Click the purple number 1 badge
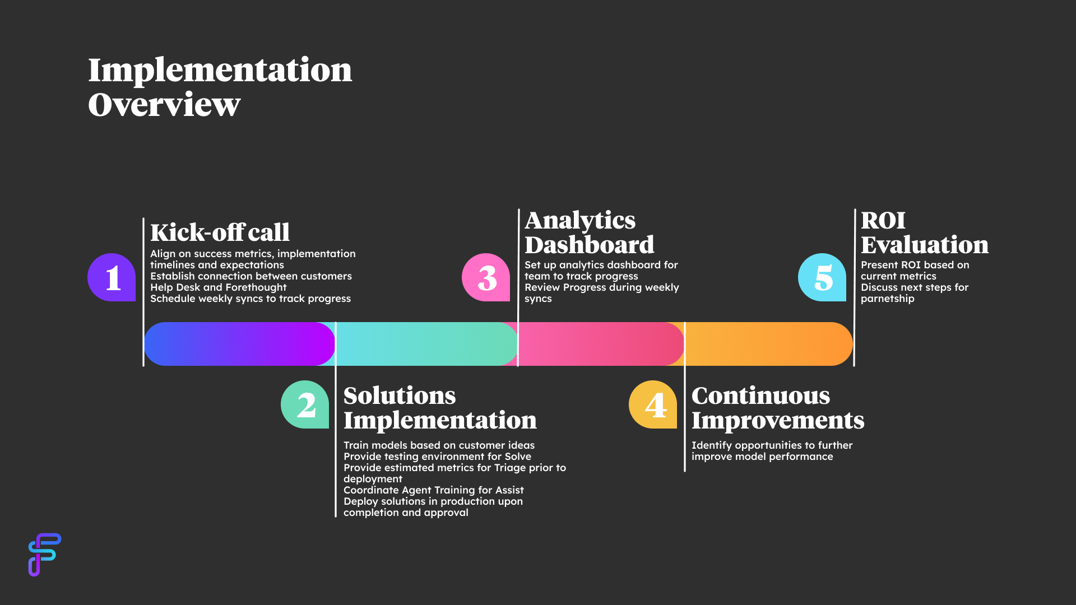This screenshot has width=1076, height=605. click(112, 277)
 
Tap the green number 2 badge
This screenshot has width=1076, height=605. click(305, 404)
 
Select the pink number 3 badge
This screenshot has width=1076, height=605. click(486, 277)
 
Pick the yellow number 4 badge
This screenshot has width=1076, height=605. click(653, 404)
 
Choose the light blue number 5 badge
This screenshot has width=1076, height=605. click(822, 277)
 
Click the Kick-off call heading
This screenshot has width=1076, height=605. click(220, 232)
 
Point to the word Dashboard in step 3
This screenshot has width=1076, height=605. click(589, 245)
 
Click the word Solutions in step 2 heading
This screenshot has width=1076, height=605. click(400, 395)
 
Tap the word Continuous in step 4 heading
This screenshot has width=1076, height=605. click(760, 395)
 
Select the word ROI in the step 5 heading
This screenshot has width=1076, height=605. click(883, 220)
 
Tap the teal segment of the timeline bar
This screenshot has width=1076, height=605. click(426, 344)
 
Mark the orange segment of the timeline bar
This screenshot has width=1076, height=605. click(768, 344)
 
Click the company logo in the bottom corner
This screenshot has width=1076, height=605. click(44, 555)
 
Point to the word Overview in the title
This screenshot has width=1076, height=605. click(164, 105)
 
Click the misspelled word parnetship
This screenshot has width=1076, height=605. click(887, 299)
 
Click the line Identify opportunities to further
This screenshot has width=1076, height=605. click(772, 445)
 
